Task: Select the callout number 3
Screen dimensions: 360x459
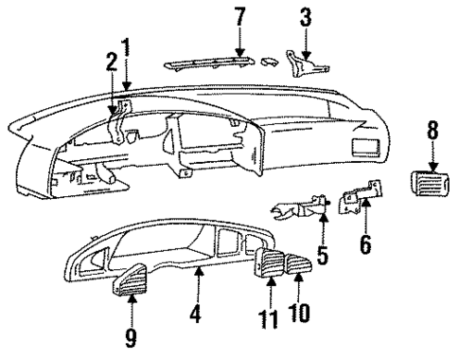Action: tap(305, 16)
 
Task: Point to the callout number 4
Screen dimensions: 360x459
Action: tap(194, 310)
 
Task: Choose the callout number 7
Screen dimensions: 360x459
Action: tap(239, 16)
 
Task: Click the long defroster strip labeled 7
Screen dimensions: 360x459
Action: tap(213, 63)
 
